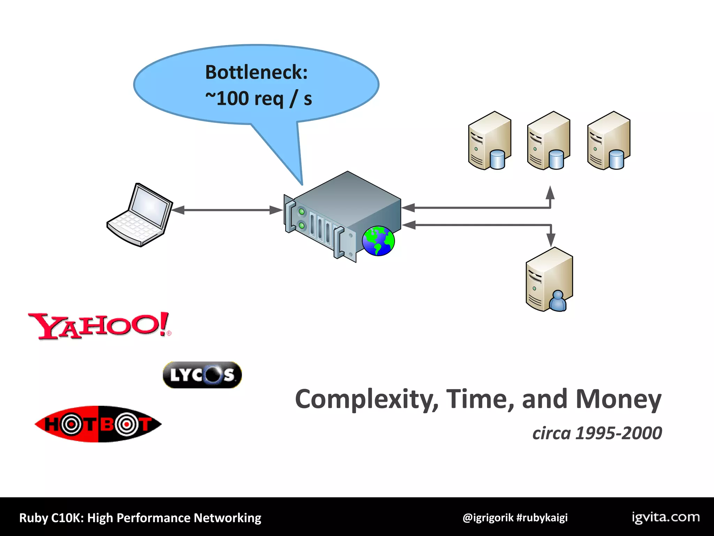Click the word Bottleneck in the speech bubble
pyautogui.click(x=256, y=72)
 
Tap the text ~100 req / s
pyautogui.click(x=258, y=99)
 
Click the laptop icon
pyautogui.click(x=140, y=215)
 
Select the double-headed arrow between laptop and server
pyautogui.click(x=227, y=210)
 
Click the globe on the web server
pyautogui.click(x=378, y=241)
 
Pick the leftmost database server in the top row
pyautogui.click(x=489, y=141)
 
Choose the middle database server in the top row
pyautogui.click(x=548, y=141)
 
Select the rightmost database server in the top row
pyautogui.click(x=608, y=141)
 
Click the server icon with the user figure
pyautogui.click(x=549, y=280)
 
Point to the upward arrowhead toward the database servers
pyautogui.click(x=550, y=193)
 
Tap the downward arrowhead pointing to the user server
pyautogui.click(x=551, y=240)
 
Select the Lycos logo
pyautogui.click(x=202, y=375)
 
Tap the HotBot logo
pyautogui.click(x=98, y=424)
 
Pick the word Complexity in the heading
pyautogui.click(x=366, y=399)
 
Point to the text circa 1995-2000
pyautogui.click(x=597, y=433)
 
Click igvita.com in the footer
pyautogui.click(x=666, y=517)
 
